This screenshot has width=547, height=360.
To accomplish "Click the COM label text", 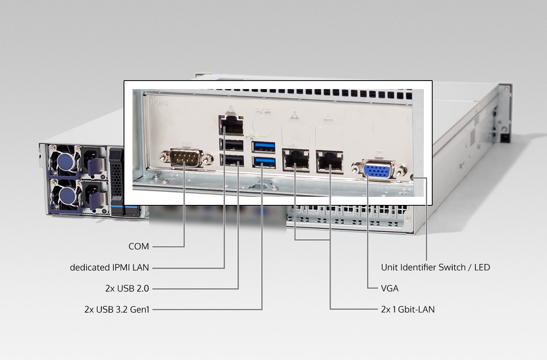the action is (139, 247).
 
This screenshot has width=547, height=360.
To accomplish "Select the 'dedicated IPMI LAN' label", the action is (109, 268).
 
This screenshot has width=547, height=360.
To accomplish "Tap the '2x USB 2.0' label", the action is (127, 288).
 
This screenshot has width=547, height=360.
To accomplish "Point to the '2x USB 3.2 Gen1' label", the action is (117, 309).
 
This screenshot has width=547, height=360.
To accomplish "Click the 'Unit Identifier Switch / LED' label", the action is (436, 268).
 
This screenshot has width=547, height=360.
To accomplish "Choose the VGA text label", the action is (390, 288).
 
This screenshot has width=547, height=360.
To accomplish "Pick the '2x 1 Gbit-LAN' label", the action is (408, 309).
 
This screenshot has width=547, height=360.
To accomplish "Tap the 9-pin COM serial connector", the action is (186, 158).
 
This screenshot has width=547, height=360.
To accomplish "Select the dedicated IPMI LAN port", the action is (231, 126).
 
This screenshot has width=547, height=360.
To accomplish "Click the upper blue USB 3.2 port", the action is (263, 147).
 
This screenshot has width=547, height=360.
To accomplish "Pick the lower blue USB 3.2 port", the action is (264, 162).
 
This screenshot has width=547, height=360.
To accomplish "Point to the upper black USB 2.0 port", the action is (231, 145).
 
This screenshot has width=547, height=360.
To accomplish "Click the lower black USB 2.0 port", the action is (232, 160).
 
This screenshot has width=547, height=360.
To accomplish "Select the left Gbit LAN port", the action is (296, 160).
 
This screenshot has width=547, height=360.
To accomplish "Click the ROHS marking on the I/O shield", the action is (160, 102).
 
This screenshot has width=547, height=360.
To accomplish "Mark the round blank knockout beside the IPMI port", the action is (263, 126).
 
